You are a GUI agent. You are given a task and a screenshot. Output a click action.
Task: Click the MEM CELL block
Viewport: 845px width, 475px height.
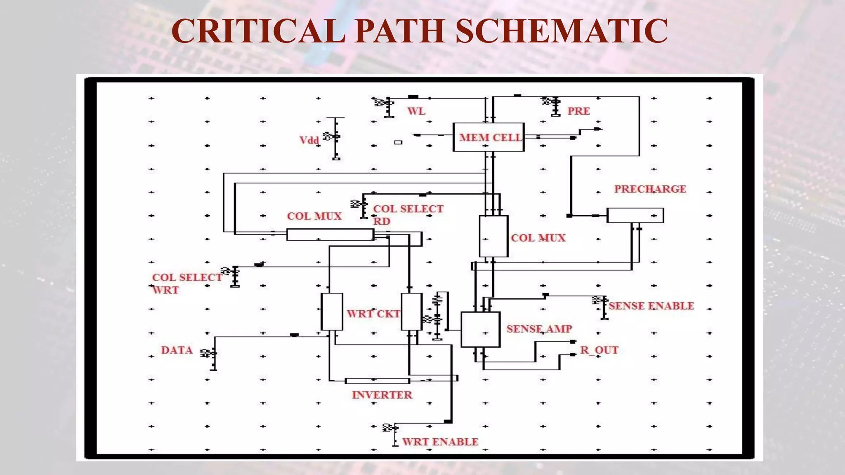click(x=489, y=137)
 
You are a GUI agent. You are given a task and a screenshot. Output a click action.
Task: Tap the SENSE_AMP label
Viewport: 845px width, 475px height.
click(x=539, y=329)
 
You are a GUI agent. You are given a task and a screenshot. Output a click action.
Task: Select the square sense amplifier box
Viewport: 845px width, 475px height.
click(x=480, y=330)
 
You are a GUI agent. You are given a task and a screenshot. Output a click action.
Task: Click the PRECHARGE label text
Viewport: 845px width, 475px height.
click(x=650, y=189)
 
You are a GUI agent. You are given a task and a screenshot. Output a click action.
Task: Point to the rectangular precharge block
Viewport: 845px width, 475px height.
click(x=635, y=216)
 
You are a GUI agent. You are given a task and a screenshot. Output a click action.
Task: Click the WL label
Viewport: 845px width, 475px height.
click(x=416, y=111)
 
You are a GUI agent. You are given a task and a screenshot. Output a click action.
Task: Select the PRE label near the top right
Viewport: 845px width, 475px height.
click(x=578, y=111)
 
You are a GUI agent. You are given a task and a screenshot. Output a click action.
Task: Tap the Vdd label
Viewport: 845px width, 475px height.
click(x=309, y=140)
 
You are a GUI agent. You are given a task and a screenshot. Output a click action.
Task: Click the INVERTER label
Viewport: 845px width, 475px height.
click(x=382, y=395)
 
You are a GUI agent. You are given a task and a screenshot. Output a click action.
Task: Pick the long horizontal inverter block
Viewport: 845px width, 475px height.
click(x=377, y=381)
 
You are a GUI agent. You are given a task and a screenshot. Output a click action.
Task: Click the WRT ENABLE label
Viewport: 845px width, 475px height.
click(x=440, y=442)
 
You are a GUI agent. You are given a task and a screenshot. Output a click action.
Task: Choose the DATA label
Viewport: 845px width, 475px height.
click(x=177, y=350)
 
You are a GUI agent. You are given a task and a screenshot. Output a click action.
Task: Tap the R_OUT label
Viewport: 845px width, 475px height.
click(x=599, y=350)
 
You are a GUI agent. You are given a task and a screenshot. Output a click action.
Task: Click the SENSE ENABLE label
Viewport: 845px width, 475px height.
click(x=651, y=306)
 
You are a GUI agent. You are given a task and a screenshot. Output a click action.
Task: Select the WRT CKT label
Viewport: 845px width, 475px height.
click(x=373, y=314)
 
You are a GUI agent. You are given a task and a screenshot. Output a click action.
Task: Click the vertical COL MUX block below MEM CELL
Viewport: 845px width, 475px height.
click(x=493, y=236)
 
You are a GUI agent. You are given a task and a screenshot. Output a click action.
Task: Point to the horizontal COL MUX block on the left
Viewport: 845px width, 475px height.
click(x=330, y=235)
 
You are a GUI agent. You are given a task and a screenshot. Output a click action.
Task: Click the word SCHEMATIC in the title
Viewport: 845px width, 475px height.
click(x=562, y=31)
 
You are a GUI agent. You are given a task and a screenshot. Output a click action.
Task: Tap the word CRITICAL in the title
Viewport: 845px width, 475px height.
click(x=258, y=31)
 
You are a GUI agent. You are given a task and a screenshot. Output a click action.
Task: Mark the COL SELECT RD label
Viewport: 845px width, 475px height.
click(x=408, y=214)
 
